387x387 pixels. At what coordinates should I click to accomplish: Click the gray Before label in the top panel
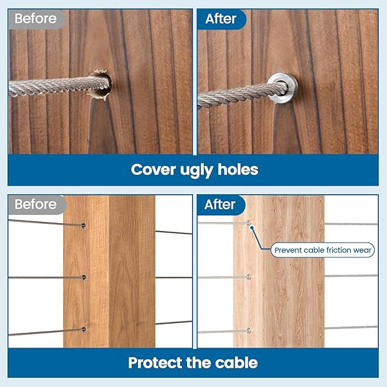36,19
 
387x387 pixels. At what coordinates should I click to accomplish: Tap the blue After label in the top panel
221,19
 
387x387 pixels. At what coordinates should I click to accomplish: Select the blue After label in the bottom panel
221,205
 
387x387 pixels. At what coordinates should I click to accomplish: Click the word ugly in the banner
196,171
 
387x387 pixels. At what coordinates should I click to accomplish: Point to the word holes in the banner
237,170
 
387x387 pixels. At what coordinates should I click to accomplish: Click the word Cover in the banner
154,170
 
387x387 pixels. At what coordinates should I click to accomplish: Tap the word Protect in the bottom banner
155,362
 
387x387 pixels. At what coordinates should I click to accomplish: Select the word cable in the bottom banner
237,362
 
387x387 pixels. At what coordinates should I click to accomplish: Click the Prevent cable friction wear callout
322,250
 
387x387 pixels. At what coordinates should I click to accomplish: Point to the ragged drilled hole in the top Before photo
100,85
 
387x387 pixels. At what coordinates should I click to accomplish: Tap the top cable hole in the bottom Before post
83,225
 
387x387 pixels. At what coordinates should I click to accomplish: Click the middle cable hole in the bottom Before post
84,277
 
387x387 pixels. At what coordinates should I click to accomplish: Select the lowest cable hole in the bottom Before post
84,330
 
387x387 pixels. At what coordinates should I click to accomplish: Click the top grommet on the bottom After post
249,223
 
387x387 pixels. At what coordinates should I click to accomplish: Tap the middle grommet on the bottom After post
249,277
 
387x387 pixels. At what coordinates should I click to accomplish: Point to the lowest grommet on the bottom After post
249,331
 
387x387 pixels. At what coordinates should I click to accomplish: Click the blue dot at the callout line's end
252,228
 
